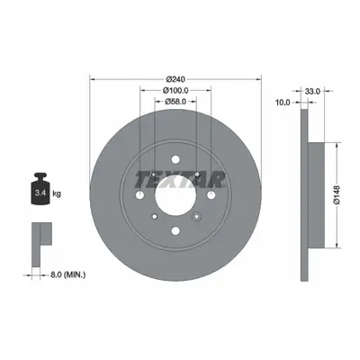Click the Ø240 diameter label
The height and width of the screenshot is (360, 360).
(x=175, y=79)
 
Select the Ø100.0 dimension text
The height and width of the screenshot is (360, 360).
(x=175, y=90)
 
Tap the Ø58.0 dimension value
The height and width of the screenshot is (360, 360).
(x=175, y=102)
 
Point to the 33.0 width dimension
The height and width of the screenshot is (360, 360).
(x=313, y=91)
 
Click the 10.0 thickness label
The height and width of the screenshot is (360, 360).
(x=283, y=103)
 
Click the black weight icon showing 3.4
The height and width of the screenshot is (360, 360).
(x=40, y=188)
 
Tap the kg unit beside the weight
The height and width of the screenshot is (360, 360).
(x=57, y=193)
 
